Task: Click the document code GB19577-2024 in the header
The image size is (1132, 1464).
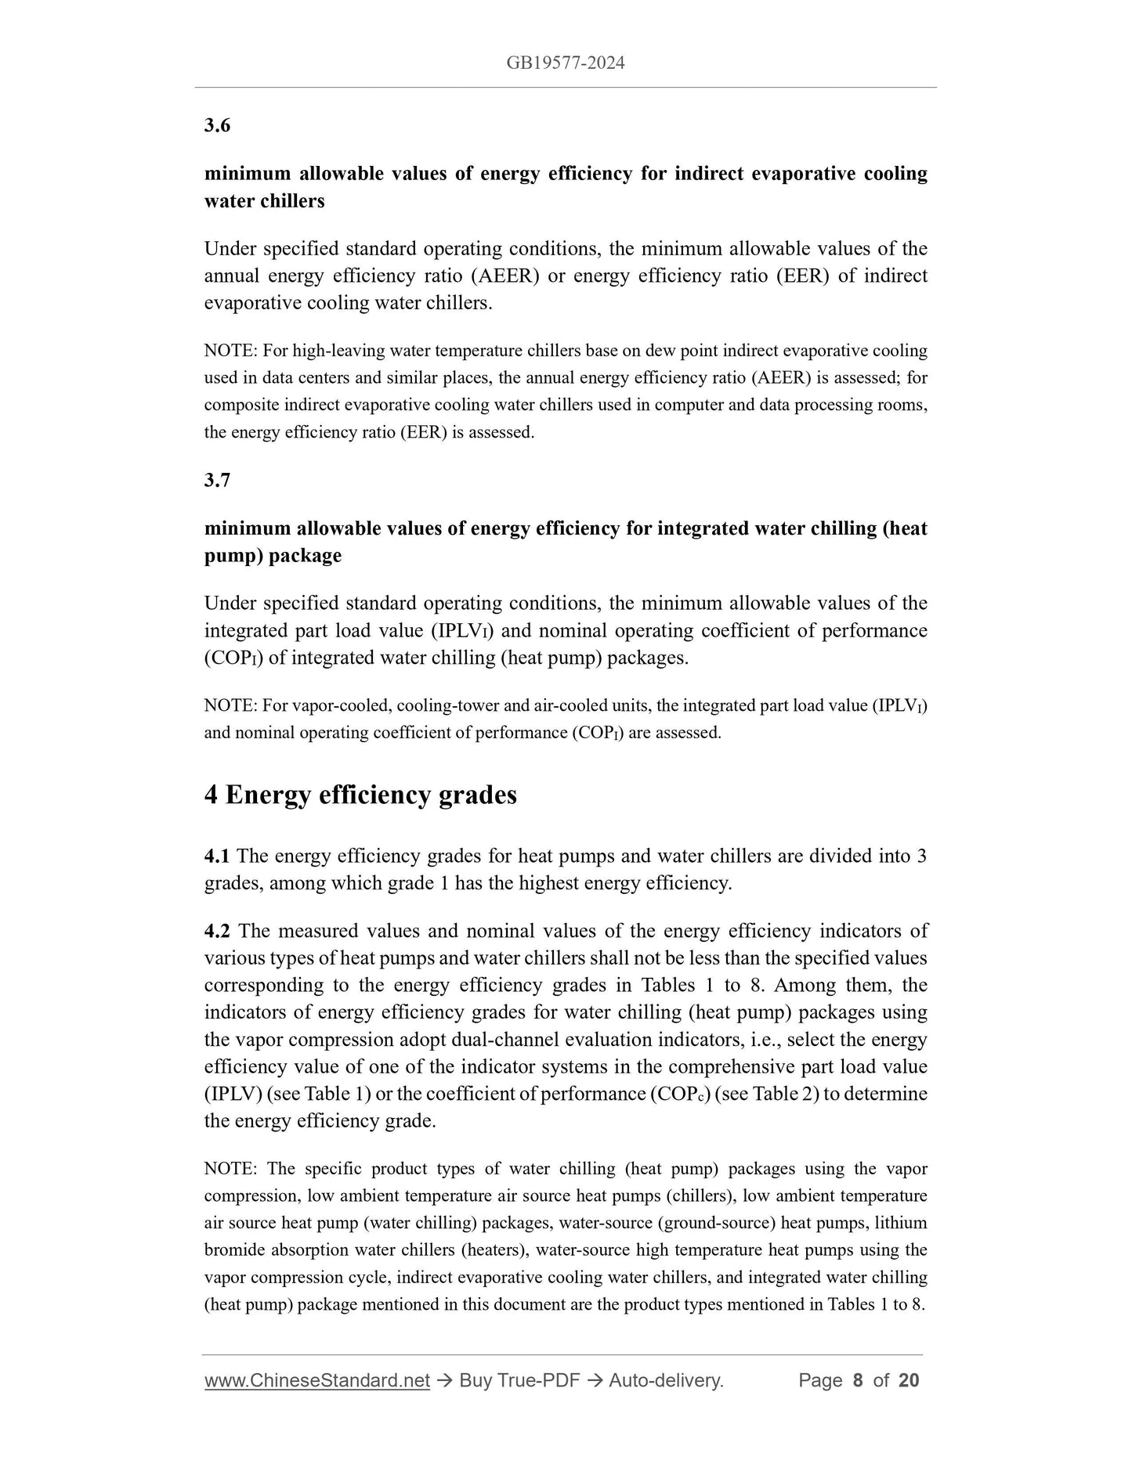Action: point(565,63)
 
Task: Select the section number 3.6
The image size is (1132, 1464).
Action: point(217,125)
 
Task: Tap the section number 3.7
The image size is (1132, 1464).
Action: point(217,480)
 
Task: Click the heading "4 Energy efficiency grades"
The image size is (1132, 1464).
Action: point(360,795)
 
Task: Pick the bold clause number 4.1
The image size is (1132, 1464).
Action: point(217,856)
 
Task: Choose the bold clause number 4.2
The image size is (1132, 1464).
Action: point(217,931)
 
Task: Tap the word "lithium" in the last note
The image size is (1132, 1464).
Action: point(901,1223)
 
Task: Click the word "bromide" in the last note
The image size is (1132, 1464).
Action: point(233,1250)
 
